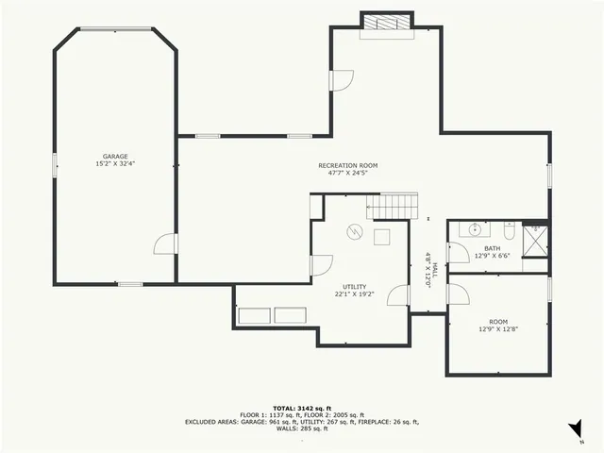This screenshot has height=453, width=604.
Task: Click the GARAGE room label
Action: click(x=115, y=157)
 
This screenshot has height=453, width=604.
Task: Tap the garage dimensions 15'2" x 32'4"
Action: click(x=115, y=164)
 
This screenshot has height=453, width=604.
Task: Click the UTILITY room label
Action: click(x=355, y=287)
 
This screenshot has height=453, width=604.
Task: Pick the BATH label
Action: click(x=493, y=248)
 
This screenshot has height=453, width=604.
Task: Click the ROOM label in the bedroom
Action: click(x=497, y=321)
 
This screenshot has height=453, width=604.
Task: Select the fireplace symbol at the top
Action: click(x=386, y=23)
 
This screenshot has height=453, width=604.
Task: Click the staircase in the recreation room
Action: click(x=392, y=205)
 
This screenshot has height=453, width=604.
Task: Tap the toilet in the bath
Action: click(x=508, y=231)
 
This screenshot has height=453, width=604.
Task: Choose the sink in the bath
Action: click(x=475, y=229)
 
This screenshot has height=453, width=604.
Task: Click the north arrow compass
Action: click(x=575, y=430)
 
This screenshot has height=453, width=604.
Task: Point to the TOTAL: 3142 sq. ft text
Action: click(x=301, y=408)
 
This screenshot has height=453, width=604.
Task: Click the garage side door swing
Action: click(x=165, y=244)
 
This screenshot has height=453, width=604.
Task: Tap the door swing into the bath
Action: click(x=458, y=253)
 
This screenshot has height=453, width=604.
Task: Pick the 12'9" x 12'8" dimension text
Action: click(x=497, y=328)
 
